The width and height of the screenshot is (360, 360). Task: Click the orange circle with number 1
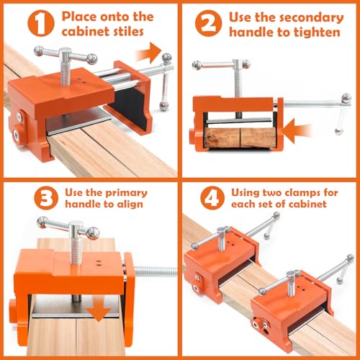tap(41, 24)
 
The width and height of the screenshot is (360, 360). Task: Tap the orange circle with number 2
tap(208, 24)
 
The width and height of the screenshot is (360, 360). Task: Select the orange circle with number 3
tap(46, 198)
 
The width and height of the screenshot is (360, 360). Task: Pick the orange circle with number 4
tap(212, 198)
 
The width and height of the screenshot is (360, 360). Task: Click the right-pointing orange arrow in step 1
tap(149, 53)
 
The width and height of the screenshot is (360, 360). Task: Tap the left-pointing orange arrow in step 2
tap(297, 131)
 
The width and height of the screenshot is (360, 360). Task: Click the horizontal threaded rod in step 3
tap(156, 272)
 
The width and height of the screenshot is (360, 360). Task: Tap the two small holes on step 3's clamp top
tap(98, 263)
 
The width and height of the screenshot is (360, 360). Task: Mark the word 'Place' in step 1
tap(79, 17)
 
